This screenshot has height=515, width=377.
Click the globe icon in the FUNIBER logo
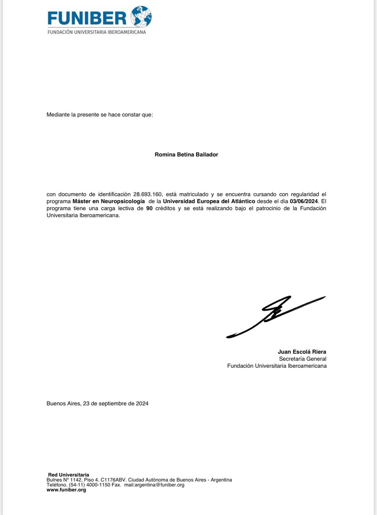[x=141, y=16]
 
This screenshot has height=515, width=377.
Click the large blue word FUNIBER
[x=87, y=18]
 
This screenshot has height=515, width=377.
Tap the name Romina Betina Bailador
[x=186, y=154]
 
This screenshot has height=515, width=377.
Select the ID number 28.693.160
[x=147, y=194]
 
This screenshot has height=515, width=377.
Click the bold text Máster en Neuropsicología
[x=109, y=201]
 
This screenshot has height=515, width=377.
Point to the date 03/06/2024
[x=304, y=201]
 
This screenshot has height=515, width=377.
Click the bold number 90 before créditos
[x=149, y=208]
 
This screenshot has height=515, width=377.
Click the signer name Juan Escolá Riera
[x=302, y=352]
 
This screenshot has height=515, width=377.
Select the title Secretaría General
[x=303, y=359]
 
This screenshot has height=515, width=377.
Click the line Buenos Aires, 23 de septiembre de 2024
[x=97, y=403]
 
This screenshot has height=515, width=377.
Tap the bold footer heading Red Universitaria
[x=69, y=475]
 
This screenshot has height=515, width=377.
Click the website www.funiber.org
[x=66, y=490]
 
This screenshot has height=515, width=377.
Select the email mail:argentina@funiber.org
[x=154, y=485]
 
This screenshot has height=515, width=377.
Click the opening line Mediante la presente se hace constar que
[x=100, y=115]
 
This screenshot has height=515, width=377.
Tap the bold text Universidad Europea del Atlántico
[x=209, y=201]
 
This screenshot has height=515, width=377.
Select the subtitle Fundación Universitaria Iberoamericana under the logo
[x=97, y=32]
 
